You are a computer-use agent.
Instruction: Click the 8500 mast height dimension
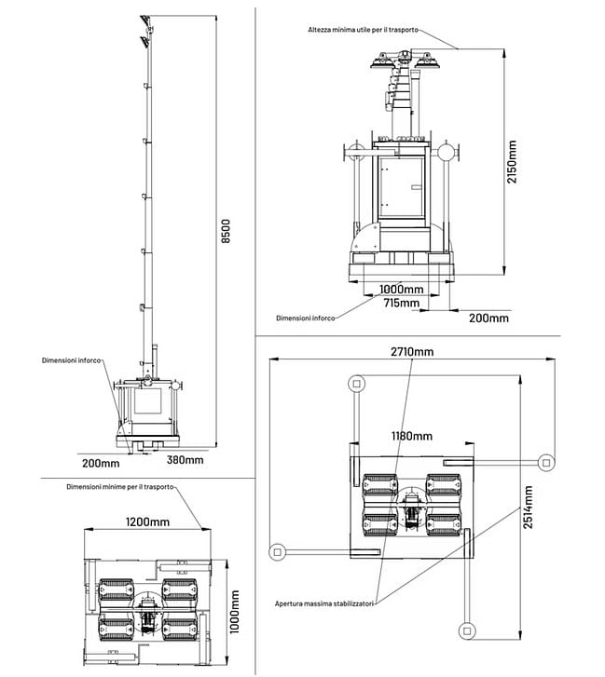click(225, 231)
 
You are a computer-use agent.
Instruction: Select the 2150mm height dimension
click(512, 161)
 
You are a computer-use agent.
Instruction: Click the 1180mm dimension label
click(410, 436)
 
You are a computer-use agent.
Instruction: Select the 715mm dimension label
click(404, 302)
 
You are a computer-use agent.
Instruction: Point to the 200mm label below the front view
click(488, 318)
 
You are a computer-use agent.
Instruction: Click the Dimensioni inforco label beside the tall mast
click(71, 360)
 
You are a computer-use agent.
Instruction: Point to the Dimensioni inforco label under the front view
click(304, 318)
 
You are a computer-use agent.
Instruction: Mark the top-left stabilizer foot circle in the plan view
click(356, 383)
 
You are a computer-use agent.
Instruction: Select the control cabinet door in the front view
click(401, 186)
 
